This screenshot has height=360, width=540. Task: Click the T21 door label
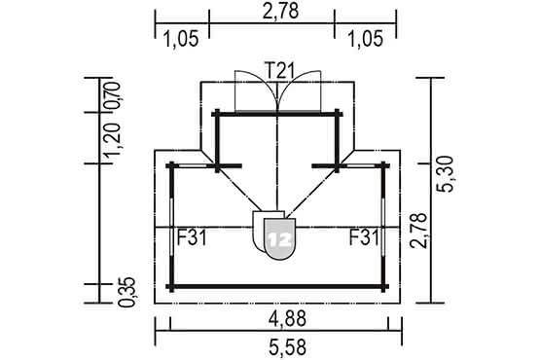[x=280, y=71]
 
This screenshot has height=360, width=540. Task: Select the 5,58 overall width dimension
[x=288, y=347]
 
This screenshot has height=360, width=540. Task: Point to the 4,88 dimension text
[x=288, y=319]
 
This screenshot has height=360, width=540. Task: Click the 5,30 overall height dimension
[x=445, y=174]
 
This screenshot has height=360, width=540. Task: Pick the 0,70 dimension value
[x=113, y=94]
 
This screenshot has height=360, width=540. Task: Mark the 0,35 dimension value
[x=127, y=292]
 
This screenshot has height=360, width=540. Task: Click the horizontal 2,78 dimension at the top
[x=280, y=12]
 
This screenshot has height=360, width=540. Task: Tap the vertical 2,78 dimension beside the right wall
[x=418, y=231]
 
